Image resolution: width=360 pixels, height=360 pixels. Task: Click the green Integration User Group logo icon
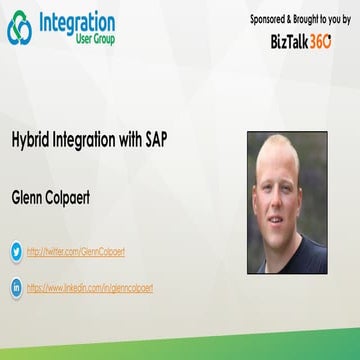pos(19,29)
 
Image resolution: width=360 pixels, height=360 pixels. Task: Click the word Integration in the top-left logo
pos(76,22)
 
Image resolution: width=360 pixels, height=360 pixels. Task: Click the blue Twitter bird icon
pos(16,252)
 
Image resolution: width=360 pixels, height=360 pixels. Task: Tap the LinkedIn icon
pos(16,288)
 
